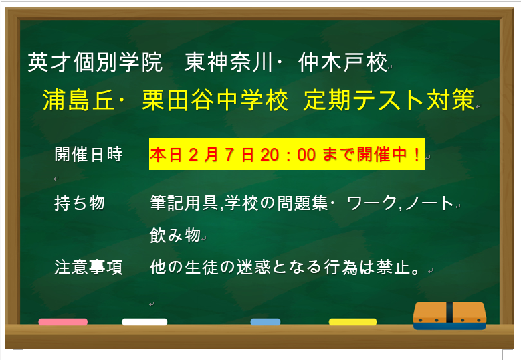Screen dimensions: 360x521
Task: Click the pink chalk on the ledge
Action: tap(63, 322)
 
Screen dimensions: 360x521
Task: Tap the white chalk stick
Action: tap(144, 322)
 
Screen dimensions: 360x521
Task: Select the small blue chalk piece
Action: tap(265, 322)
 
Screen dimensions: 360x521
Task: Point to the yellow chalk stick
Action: tap(352, 322)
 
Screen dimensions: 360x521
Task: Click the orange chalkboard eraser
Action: tap(449, 314)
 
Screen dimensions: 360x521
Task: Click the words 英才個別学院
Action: tap(96, 63)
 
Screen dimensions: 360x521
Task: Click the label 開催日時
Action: tap(88, 155)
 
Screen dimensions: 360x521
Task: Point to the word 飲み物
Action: tap(175, 235)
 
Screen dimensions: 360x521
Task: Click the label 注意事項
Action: tap(88, 268)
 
